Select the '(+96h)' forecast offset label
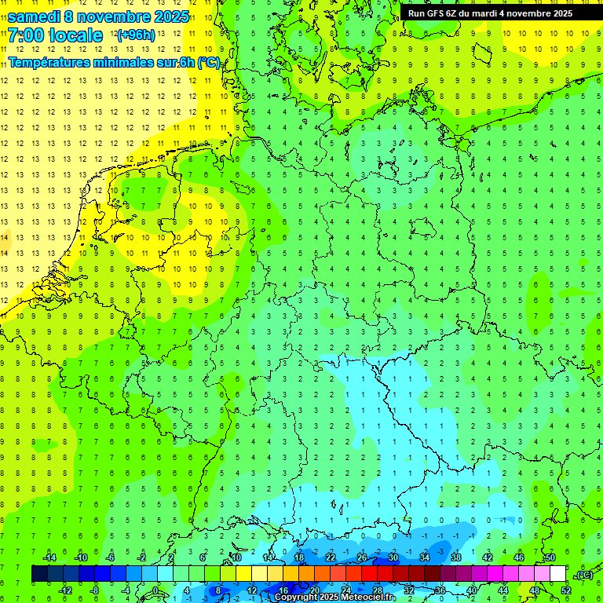(135, 35)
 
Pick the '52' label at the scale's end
(566, 590)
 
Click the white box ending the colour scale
(557, 574)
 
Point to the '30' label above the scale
(393, 557)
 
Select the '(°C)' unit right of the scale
(585, 575)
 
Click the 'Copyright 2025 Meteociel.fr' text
(334, 598)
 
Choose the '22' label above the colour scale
(331, 557)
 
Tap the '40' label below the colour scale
(472, 590)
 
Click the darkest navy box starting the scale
(39, 574)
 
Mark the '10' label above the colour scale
(236, 557)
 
